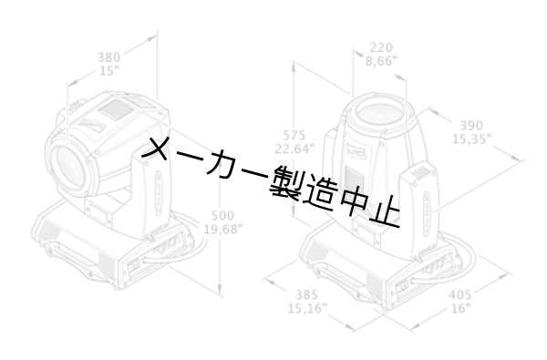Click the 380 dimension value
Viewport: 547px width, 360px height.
108,57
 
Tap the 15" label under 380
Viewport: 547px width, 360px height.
108,70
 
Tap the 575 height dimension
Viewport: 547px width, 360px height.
294,135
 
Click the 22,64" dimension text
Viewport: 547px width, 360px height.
294,149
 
